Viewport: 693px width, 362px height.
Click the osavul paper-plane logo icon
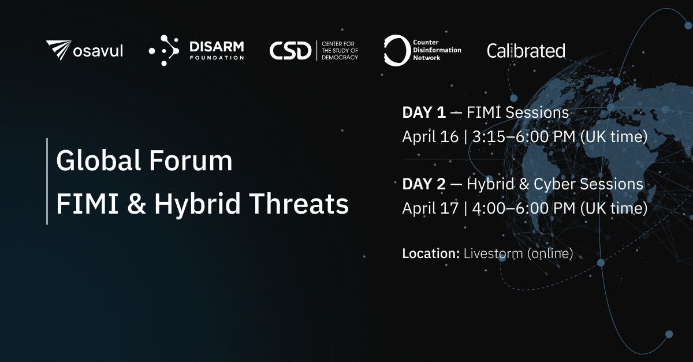pyautogui.click(x=59, y=50)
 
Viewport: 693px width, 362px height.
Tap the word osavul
pyautogui.click(x=98, y=51)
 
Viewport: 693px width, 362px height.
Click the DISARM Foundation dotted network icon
pyautogui.click(x=164, y=50)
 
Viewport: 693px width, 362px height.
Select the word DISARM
pyautogui.click(x=217, y=47)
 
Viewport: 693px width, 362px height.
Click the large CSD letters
pyautogui.click(x=290, y=50)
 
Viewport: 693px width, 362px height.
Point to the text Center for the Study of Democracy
pyautogui.click(x=340, y=50)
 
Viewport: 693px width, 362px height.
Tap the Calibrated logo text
pyautogui.click(x=526, y=51)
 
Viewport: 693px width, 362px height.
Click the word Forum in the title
pyautogui.click(x=191, y=161)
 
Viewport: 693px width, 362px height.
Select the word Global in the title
pyautogui.click(x=98, y=161)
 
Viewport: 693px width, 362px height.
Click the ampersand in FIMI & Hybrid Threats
pyautogui.click(x=136, y=204)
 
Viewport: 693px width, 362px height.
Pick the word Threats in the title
pyautogui.click(x=299, y=204)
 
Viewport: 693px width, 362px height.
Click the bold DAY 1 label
pyautogui.click(x=424, y=113)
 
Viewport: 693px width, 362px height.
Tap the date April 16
pyautogui.click(x=430, y=137)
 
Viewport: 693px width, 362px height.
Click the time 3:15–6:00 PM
pyautogui.click(x=524, y=136)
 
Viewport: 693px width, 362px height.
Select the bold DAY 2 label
pyautogui.click(x=424, y=184)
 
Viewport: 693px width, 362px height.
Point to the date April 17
pyautogui.click(x=430, y=208)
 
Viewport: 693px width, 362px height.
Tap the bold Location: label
pyautogui.click(x=431, y=253)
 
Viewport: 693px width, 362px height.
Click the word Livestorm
pyautogui.click(x=493, y=253)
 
